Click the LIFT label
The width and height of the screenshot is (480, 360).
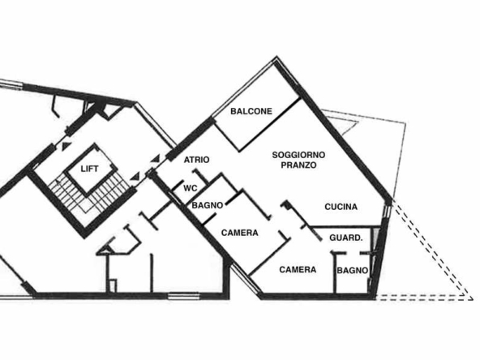click(89, 169)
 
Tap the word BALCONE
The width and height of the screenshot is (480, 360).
click(251, 111)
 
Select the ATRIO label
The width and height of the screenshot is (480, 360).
click(196, 160)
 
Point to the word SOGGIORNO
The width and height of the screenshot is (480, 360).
click(298, 155)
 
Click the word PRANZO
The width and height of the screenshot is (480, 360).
click(298, 165)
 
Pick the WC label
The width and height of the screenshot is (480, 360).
click(190, 188)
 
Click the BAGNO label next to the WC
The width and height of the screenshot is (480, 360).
click(208, 205)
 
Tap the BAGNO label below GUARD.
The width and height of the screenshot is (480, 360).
click(353, 270)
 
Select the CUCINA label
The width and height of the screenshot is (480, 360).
click(341, 207)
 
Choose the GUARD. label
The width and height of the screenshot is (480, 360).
click(346, 238)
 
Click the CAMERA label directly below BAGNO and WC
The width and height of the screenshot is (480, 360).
click(240, 233)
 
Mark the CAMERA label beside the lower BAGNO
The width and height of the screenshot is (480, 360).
click(298, 270)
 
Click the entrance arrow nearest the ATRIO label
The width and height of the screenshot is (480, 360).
click(156, 159)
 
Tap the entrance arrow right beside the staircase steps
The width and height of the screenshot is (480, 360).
click(134, 176)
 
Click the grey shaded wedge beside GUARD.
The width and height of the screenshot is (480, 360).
click(375, 238)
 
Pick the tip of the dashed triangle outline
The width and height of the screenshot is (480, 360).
click(473, 298)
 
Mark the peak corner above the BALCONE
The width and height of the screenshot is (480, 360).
click(276, 57)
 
